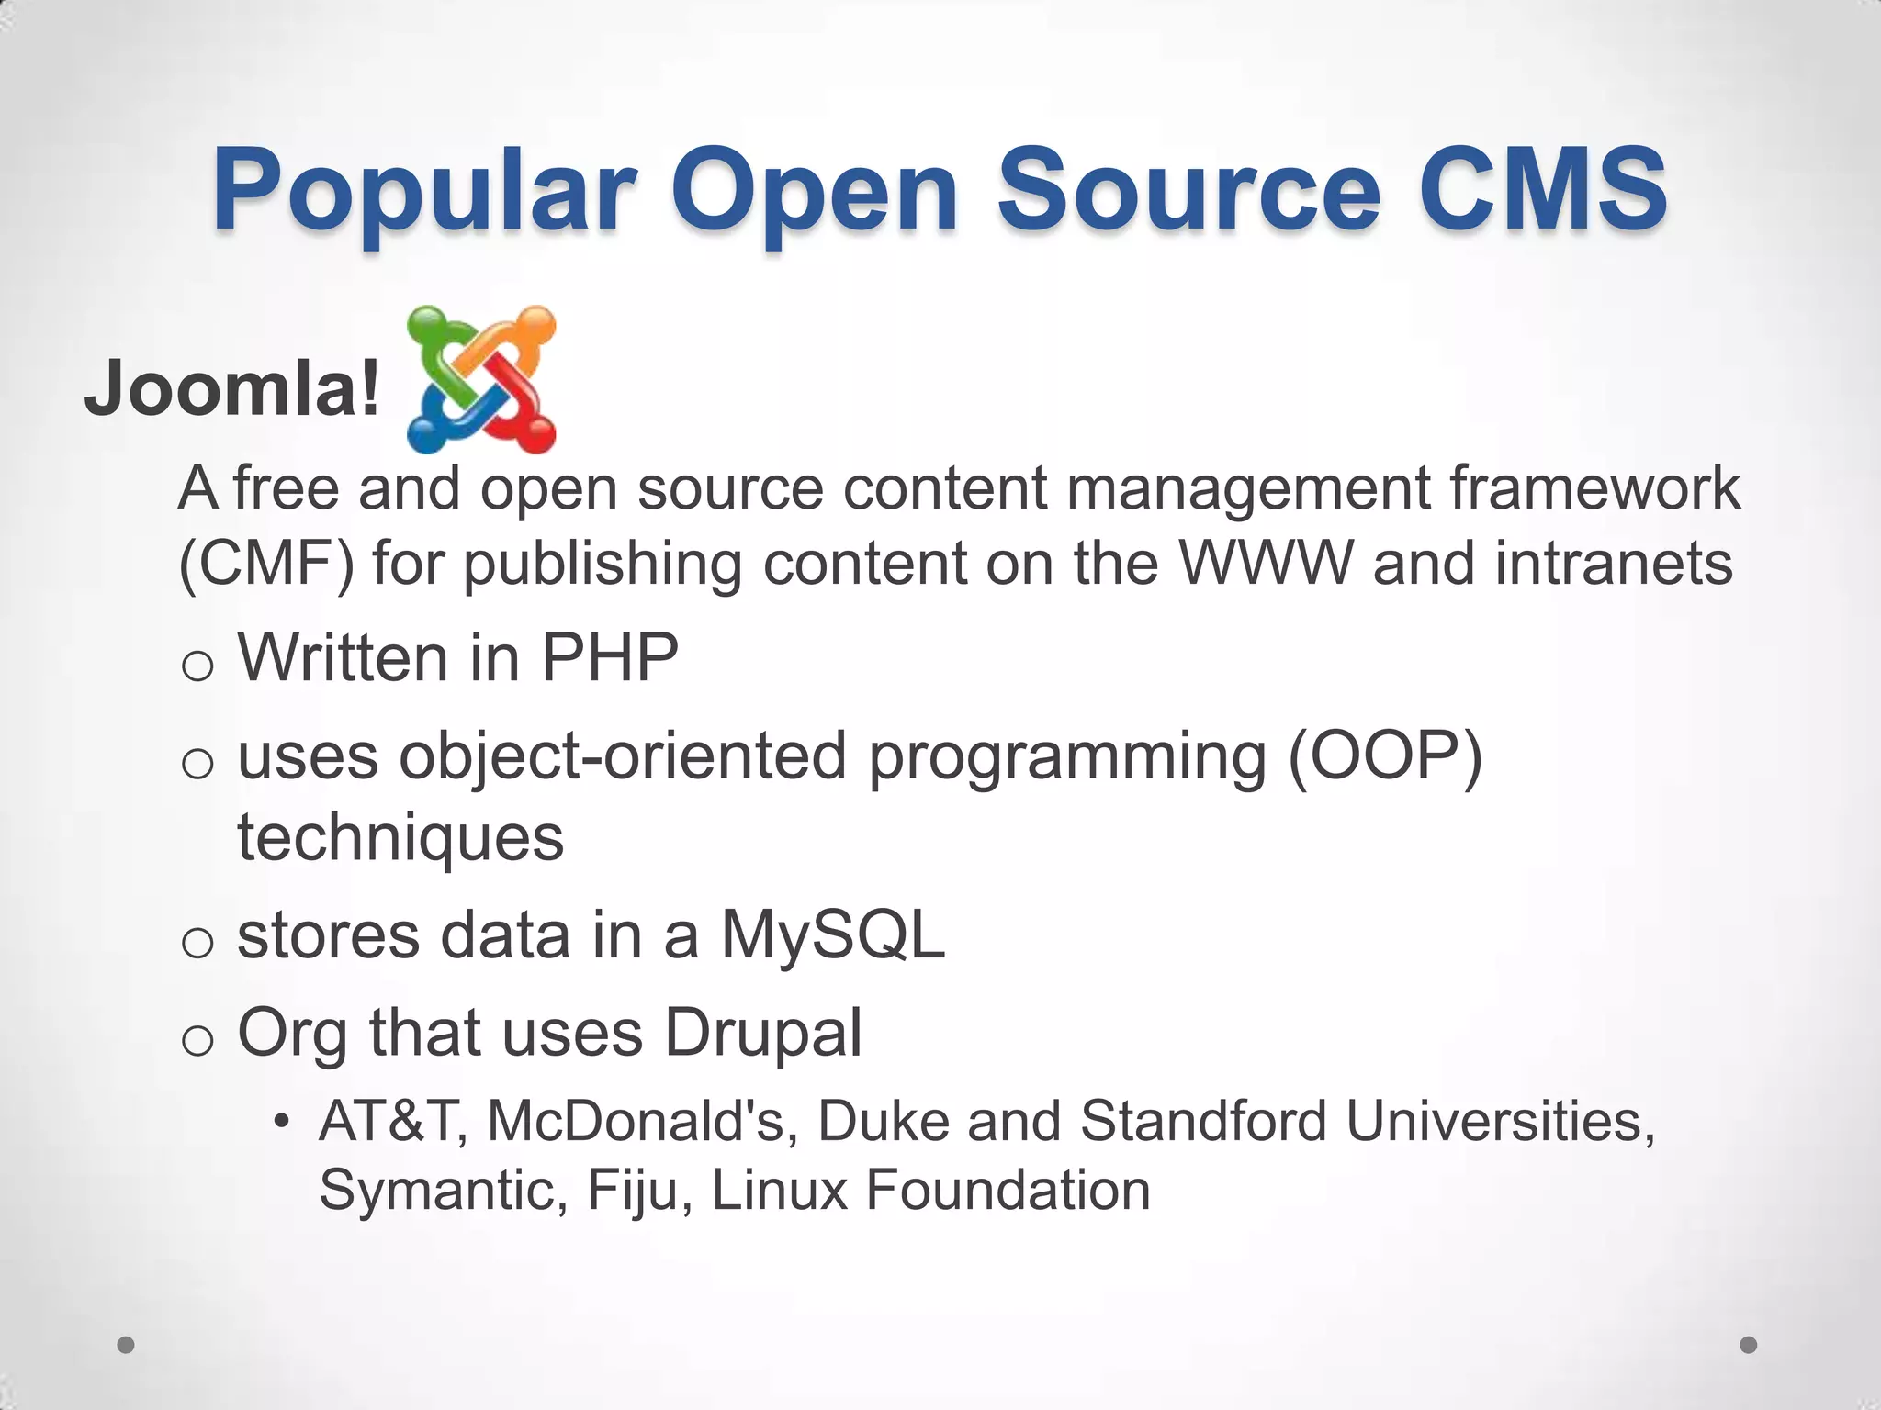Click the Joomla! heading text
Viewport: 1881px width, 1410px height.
tap(231, 388)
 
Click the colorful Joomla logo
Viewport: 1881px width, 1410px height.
tap(481, 379)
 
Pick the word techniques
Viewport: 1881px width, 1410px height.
tap(400, 837)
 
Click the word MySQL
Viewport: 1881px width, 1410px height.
tap(832, 935)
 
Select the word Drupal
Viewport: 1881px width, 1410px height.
tap(763, 1033)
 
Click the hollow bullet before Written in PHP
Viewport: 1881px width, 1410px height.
tap(197, 666)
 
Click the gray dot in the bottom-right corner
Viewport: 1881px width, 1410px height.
tap(1749, 1345)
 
